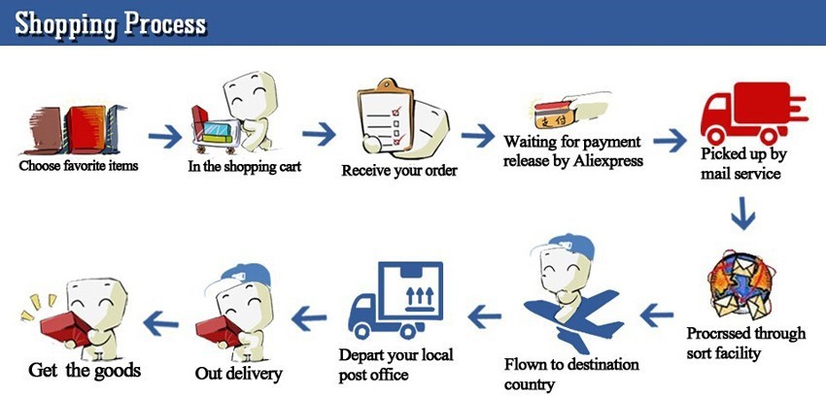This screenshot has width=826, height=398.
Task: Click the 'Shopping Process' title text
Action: (x=110, y=23)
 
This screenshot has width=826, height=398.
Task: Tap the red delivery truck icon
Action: (x=753, y=114)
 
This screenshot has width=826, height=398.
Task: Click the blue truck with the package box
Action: (x=396, y=300)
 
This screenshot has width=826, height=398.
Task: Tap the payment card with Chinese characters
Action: (x=554, y=115)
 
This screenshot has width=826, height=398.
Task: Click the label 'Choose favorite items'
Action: (x=79, y=166)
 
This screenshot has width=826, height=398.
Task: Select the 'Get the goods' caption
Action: (x=85, y=370)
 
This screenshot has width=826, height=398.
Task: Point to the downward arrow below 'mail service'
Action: (x=742, y=214)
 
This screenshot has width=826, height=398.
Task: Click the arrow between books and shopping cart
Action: (x=165, y=136)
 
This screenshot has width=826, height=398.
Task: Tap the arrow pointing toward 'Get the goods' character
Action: (x=160, y=322)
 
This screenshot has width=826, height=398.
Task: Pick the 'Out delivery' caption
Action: (x=239, y=374)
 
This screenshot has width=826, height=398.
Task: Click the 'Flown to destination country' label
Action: (x=571, y=374)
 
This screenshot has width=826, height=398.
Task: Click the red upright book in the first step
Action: (x=85, y=129)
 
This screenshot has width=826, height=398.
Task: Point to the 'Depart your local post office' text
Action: (x=396, y=364)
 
